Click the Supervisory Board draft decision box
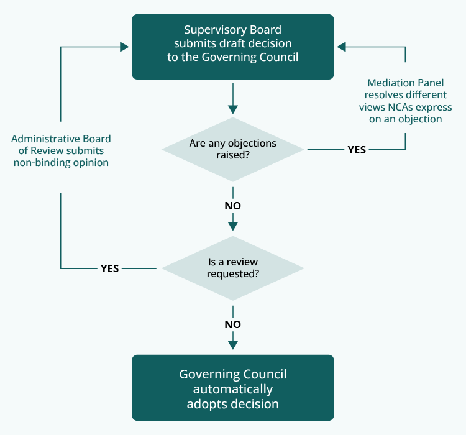pos(232,47)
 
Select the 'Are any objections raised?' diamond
pos(232,149)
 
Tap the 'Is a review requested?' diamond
pos(232,268)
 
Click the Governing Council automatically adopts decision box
pos(232,388)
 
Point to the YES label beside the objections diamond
pos(357,150)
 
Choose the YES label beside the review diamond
pos(109,268)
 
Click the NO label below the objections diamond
pos(232,206)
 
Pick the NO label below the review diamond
pos(232,324)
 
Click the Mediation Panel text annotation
pos(406,101)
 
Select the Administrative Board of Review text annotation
pos(61,151)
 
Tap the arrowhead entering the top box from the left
pos(125,47)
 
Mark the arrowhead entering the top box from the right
pos(341,47)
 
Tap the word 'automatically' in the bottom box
pos(232,390)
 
